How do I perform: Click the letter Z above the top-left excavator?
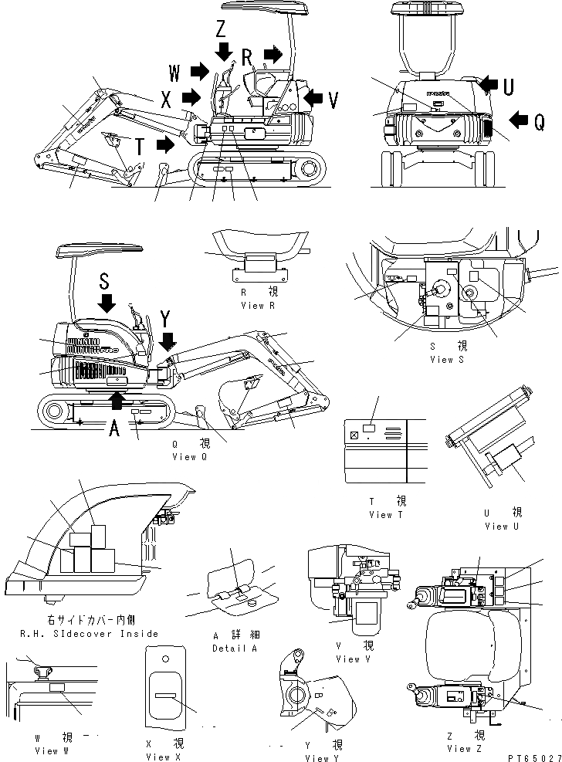pos(222,30)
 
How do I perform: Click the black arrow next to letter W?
pos(200,73)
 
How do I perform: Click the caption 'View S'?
pos(448,359)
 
